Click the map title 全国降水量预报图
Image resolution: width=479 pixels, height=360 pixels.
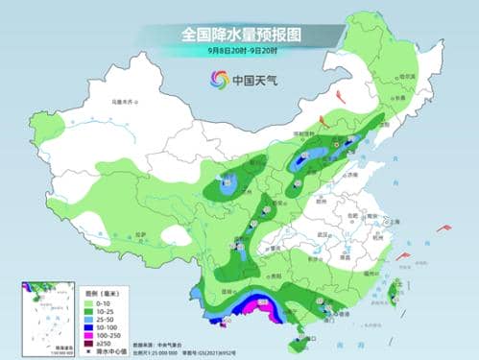(x=239, y=35)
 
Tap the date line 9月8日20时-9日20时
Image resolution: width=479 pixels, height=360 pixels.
(x=239, y=51)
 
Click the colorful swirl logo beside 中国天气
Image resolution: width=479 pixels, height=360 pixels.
(x=216, y=81)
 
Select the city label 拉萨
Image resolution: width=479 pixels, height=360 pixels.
(x=141, y=234)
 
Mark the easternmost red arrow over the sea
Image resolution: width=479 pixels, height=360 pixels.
(x=444, y=228)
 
